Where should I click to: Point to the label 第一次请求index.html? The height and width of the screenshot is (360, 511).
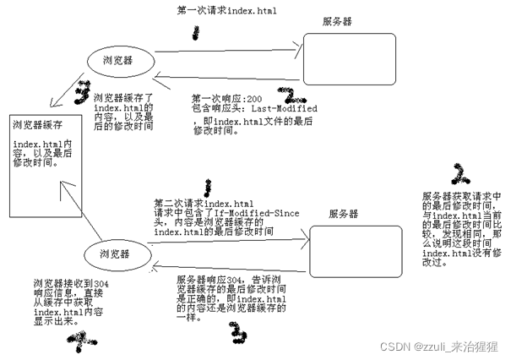[x=226, y=11]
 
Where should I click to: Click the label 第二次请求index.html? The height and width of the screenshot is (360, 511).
[x=204, y=203]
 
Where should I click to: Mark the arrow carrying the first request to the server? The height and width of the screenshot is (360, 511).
[x=228, y=55]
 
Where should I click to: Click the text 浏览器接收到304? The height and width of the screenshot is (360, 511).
[x=58, y=283]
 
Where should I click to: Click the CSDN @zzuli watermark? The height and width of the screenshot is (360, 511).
[x=440, y=346]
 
